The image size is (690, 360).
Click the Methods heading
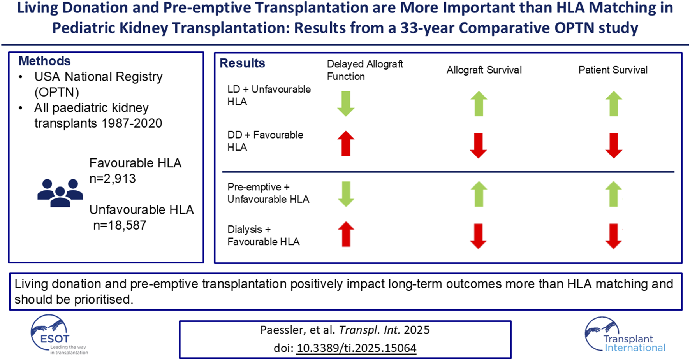click(x=44, y=61)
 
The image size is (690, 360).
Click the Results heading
click(x=242, y=63)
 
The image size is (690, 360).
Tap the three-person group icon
click(x=60, y=193)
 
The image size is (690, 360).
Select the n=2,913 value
click(x=113, y=179)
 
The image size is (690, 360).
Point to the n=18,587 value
click(x=120, y=225)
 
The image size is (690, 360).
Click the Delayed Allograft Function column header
click(x=364, y=70)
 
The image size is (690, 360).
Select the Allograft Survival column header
click(x=484, y=70)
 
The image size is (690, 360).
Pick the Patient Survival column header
click(x=613, y=70)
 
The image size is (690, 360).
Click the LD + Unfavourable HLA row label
click(x=269, y=95)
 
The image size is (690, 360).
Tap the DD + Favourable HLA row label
click(x=265, y=141)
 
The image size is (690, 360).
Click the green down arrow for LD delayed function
click(x=345, y=104)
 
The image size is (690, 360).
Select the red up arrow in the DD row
click(x=345, y=143)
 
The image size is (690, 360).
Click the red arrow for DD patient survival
click(x=614, y=145)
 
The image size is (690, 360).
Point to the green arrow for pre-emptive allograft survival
click(x=479, y=194)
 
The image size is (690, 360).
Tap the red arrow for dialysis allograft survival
click(x=478, y=236)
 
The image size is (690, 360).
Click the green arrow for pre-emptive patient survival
click(x=614, y=194)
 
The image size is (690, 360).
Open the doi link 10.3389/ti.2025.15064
click(x=356, y=348)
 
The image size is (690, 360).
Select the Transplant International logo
click(x=624, y=335)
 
